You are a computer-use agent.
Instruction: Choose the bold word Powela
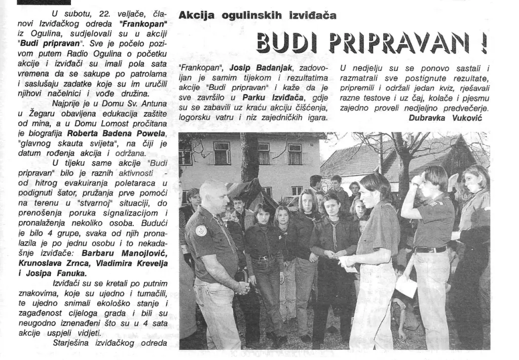pos(150,133)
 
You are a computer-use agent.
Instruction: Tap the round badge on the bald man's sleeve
pos(201,231)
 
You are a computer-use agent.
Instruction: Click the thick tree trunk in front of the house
pos(249,157)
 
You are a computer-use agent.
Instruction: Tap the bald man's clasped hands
pos(242,288)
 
